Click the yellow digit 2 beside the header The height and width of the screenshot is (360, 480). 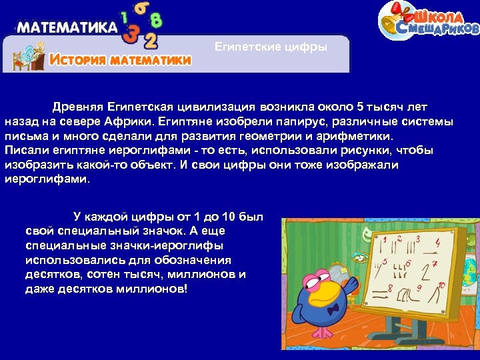pos(151,41)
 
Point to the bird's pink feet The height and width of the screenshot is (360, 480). pos(325,332)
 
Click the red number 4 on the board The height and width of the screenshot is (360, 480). pos(437,244)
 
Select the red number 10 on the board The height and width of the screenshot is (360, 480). pos(441,285)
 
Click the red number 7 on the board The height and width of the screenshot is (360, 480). pos(435,264)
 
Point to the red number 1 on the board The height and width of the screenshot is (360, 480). pos(385,239)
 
